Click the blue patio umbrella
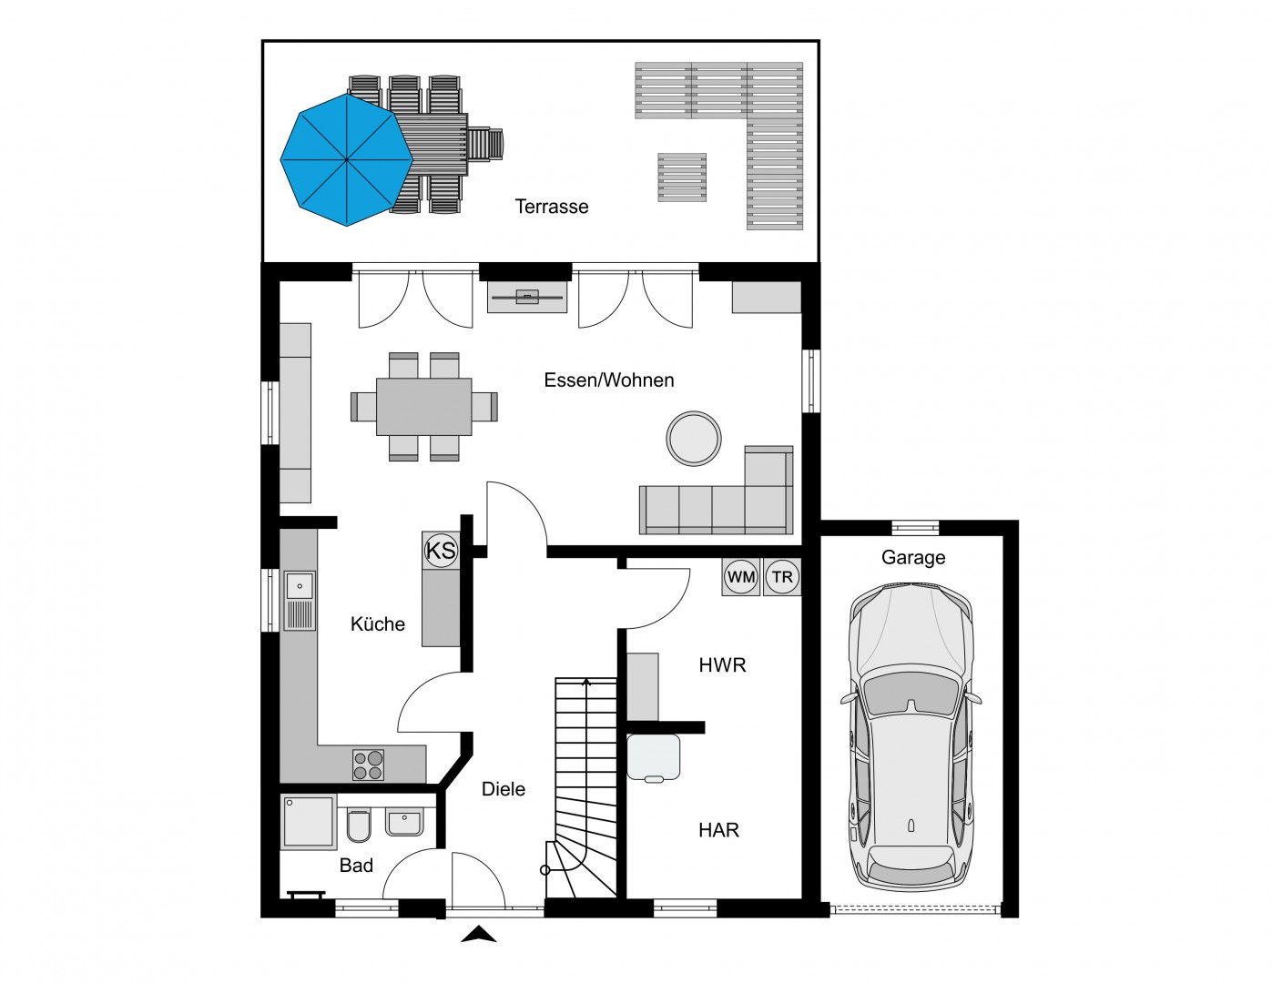(x=347, y=159)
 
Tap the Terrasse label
(x=552, y=207)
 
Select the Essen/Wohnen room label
(x=609, y=380)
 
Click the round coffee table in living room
(x=694, y=439)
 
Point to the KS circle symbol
(x=441, y=551)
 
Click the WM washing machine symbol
(x=741, y=577)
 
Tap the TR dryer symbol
(x=782, y=577)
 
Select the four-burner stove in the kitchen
(x=368, y=765)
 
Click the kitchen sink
(x=300, y=601)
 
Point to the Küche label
(x=378, y=623)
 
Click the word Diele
(x=504, y=789)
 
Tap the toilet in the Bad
(x=358, y=826)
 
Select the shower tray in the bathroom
(x=309, y=822)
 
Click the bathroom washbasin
(x=404, y=823)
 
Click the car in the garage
(x=911, y=737)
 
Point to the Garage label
(x=913, y=557)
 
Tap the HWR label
(x=722, y=665)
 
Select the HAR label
(x=718, y=830)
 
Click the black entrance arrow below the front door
(x=479, y=934)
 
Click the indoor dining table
(x=423, y=407)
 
